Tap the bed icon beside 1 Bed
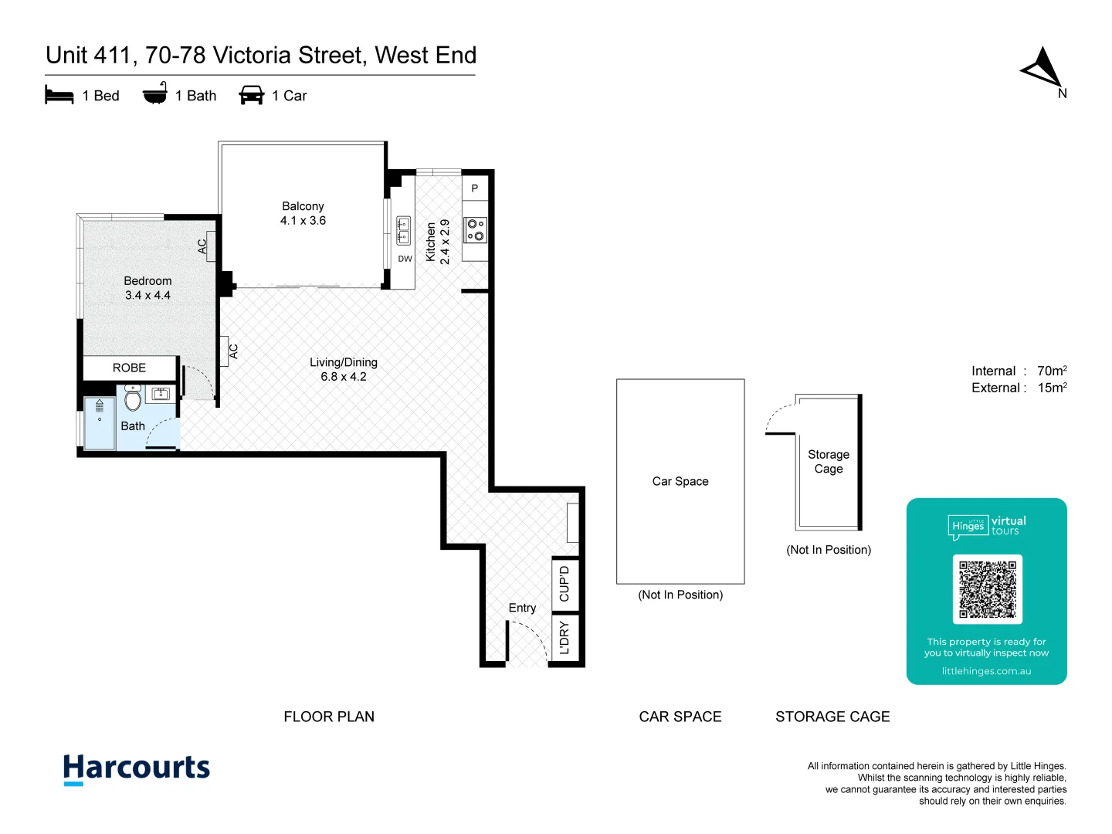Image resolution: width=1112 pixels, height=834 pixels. (x=59, y=95)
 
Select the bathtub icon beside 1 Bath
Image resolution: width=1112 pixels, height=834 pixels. (x=155, y=93)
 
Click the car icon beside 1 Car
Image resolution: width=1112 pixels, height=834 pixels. (x=252, y=95)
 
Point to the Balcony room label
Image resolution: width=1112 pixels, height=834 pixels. (x=303, y=206)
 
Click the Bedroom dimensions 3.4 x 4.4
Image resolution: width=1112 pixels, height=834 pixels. (x=147, y=295)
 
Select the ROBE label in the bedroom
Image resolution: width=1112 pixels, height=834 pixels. (x=129, y=368)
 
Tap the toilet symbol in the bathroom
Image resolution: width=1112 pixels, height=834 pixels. (x=133, y=398)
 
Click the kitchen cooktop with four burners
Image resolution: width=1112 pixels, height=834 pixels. (x=475, y=230)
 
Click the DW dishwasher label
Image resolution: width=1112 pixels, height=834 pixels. (x=405, y=259)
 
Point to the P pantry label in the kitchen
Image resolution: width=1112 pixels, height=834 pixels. (x=475, y=188)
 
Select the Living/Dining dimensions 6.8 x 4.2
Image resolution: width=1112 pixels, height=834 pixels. (x=344, y=377)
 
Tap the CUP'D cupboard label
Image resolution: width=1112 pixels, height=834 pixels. (x=564, y=584)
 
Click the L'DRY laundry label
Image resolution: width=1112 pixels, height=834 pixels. (x=564, y=639)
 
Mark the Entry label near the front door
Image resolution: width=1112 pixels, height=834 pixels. (x=522, y=608)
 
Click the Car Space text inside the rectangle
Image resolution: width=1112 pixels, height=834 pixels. (x=680, y=481)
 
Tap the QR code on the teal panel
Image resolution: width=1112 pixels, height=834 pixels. (x=988, y=589)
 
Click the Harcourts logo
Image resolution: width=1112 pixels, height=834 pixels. (x=137, y=769)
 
